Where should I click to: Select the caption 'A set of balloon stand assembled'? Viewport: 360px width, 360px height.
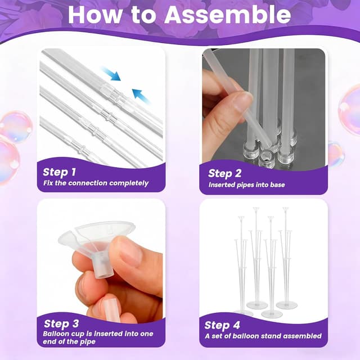[263, 336]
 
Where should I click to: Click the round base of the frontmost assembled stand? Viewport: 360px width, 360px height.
[272, 313]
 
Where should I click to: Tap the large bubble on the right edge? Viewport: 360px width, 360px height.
[350, 110]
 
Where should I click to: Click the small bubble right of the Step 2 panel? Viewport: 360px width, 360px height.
[335, 153]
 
